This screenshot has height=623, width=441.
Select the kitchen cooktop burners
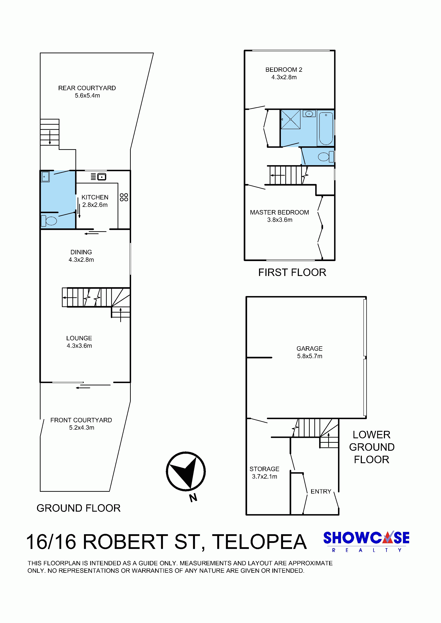point(124,197)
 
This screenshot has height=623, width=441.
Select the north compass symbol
point(186,472)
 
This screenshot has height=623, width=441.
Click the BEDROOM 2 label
point(284,70)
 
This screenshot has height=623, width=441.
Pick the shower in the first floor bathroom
point(291,119)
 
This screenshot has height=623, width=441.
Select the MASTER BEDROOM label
point(279,212)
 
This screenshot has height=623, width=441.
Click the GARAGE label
point(310,348)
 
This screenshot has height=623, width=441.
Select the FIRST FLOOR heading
point(292,272)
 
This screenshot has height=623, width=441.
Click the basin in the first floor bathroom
point(309,114)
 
